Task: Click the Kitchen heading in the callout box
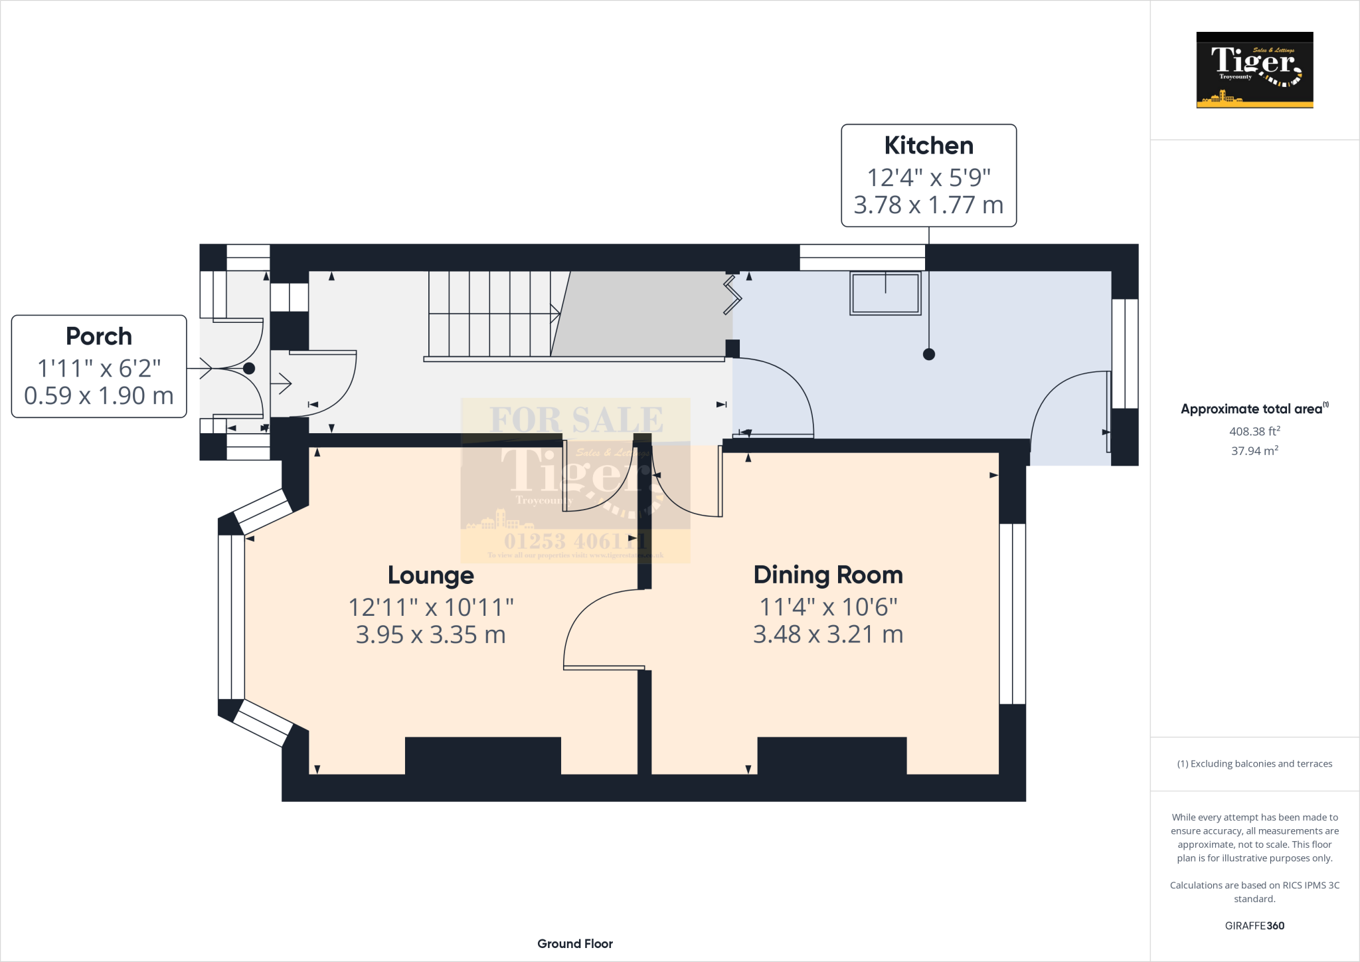(928, 145)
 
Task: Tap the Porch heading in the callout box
(99, 336)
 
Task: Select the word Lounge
(430, 575)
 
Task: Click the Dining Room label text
(827, 575)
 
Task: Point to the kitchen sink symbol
(885, 293)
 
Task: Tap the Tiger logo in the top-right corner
(1254, 70)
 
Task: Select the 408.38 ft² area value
(1254, 431)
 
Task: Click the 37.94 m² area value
(1254, 450)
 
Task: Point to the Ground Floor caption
(575, 943)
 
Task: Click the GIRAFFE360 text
(1254, 925)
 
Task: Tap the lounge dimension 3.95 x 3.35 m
(430, 634)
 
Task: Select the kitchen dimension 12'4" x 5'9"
(928, 177)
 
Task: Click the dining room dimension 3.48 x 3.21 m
(827, 634)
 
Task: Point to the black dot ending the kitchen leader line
(929, 354)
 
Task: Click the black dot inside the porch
(249, 368)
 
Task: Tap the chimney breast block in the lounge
(483, 755)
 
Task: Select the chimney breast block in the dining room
(831, 755)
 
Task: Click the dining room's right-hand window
(1013, 613)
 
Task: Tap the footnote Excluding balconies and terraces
(1254, 763)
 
